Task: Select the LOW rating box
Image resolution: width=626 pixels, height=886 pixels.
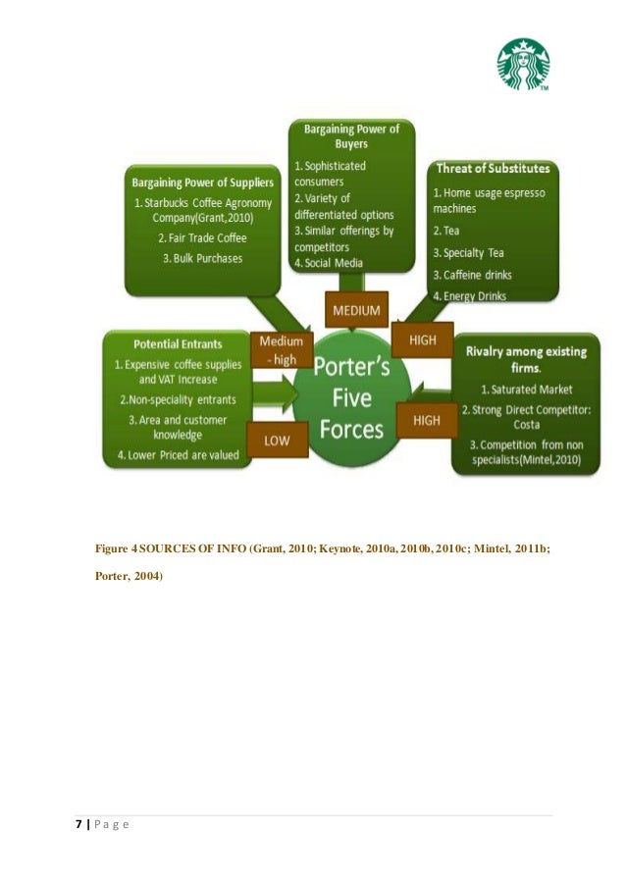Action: coord(277,441)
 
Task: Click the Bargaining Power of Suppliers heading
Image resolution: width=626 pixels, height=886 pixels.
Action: coord(203,182)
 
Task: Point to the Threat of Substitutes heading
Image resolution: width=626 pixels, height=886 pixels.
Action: coord(493,169)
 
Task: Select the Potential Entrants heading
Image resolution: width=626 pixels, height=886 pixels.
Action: coord(177,345)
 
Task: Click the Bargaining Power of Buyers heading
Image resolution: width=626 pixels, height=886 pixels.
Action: coord(350,135)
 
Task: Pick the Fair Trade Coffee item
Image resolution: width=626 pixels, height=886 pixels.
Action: coord(203,237)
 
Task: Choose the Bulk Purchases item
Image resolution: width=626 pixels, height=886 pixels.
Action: coord(203,258)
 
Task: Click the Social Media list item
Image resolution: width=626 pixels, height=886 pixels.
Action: coord(329,263)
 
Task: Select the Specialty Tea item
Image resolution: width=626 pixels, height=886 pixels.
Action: coord(470,253)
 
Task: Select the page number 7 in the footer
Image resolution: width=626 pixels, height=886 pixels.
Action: coord(78,823)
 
